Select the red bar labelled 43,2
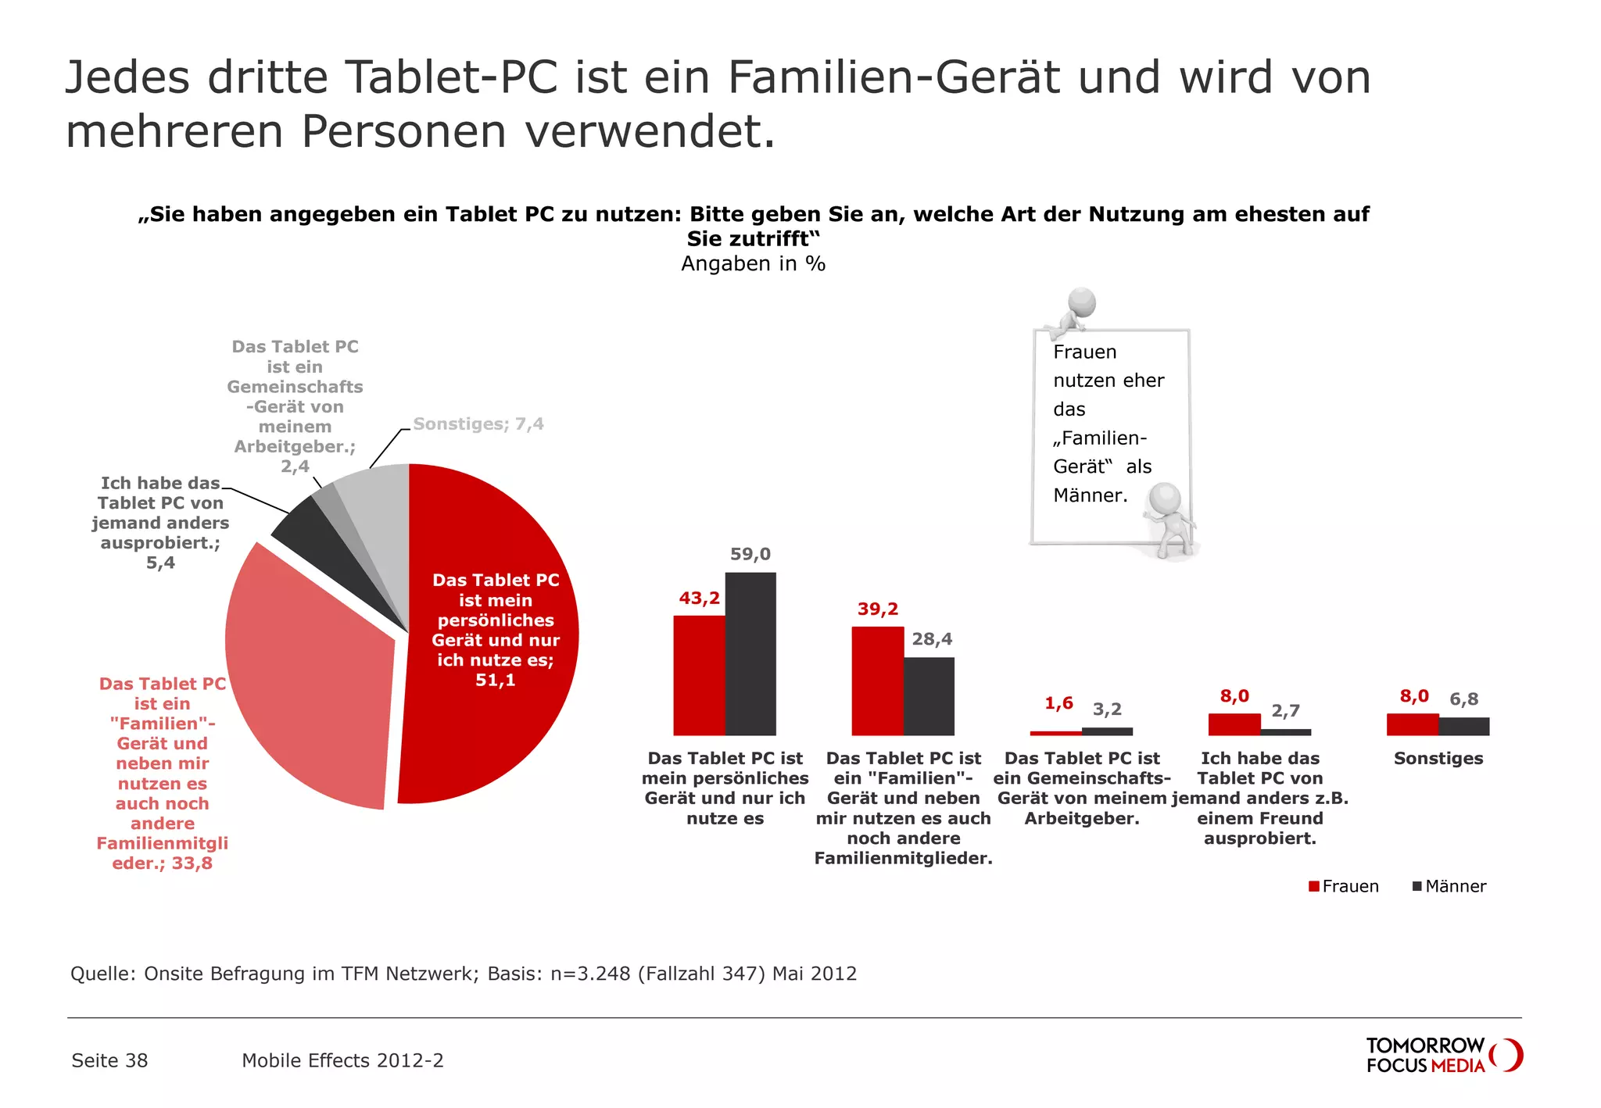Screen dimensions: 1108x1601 tap(699, 675)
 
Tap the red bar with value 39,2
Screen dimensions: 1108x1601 tap(877, 681)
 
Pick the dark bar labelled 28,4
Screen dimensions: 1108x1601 tap(929, 695)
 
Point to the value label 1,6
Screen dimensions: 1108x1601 tap(1058, 703)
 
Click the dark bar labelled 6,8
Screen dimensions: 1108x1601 tap(1464, 726)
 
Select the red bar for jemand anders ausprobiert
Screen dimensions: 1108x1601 tap(1234, 724)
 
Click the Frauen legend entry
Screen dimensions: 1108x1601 tap(1344, 886)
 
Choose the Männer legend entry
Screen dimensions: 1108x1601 tap(1449, 886)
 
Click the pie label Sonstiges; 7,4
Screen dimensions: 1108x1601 tap(478, 424)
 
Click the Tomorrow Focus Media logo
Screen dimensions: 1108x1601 tap(1443, 1055)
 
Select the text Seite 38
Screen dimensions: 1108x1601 tap(109, 1060)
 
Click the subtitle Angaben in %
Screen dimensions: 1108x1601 tap(753, 263)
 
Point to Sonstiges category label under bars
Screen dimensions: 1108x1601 tap(1438, 758)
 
